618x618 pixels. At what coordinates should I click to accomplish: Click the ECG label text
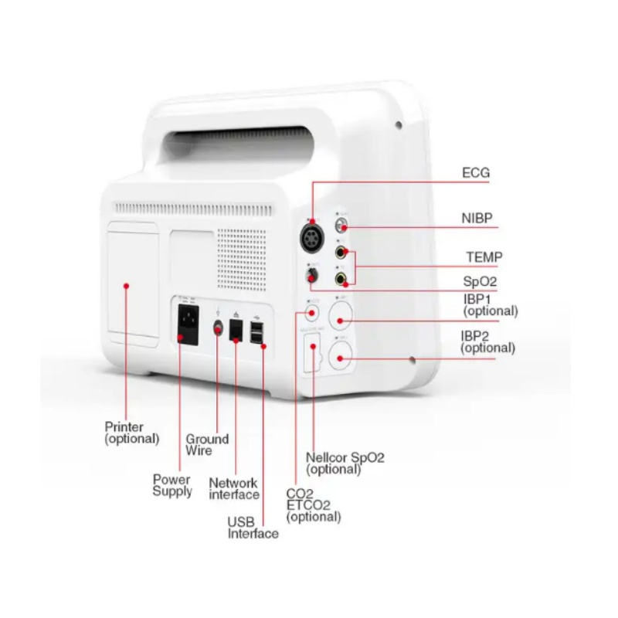[476, 173]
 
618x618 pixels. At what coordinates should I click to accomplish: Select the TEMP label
[484, 256]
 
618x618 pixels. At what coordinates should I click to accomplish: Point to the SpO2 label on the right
[480, 283]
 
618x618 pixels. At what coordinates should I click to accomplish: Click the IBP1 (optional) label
[490, 304]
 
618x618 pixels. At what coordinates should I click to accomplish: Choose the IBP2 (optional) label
[487, 341]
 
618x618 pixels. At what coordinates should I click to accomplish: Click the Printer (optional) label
[131, 432]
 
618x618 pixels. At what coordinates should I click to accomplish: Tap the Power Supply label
[171, 485]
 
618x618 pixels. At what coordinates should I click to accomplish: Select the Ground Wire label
[207, 444]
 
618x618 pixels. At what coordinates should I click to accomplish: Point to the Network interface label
[233, 488]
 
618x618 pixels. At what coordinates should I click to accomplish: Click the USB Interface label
[253, 528]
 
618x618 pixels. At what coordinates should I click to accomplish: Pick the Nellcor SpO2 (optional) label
[345, 463]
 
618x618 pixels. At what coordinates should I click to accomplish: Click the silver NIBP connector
[341, 225]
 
